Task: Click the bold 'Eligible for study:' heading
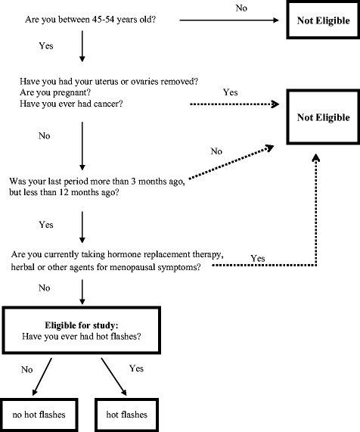(106, 325)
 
